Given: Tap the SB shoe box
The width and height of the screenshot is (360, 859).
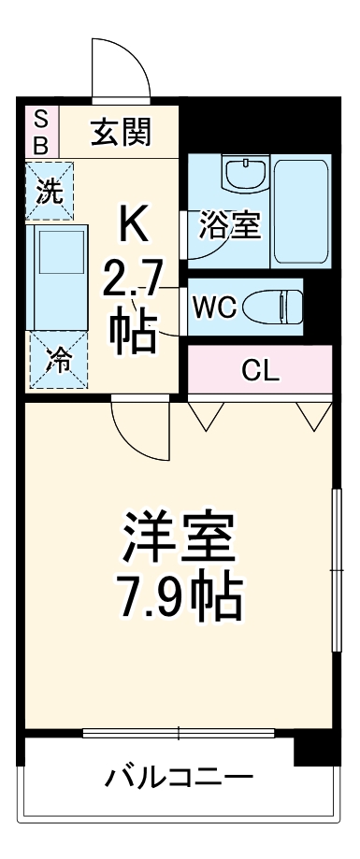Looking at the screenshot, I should click(x=40, y=132).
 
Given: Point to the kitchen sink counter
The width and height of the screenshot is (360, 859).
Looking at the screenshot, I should click(x=59, y=277).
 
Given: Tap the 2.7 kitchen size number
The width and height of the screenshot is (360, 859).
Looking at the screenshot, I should click(x=133, y=278).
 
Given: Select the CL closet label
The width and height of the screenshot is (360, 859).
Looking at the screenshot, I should click(x=260, y=369).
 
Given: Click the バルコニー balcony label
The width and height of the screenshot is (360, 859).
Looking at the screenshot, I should click(x=178, y=778).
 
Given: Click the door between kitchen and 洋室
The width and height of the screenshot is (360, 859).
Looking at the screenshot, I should click(x=140, y=425).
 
